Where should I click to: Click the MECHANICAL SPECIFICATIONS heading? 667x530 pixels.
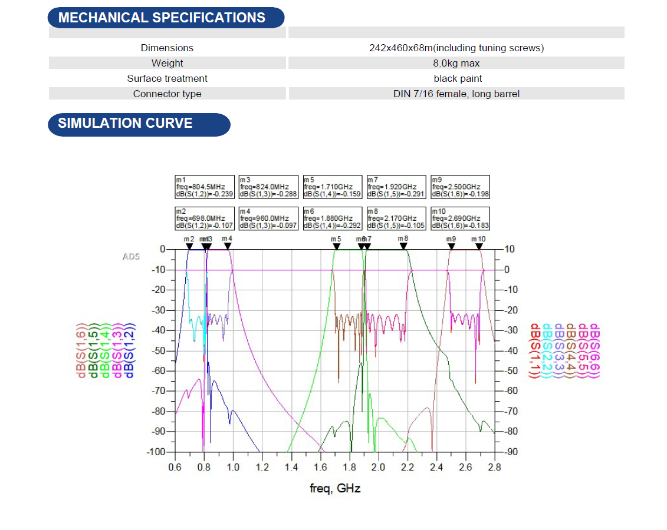point(162,18)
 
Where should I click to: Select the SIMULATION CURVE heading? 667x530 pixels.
point(125,123)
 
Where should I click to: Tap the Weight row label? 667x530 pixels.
point(167,63)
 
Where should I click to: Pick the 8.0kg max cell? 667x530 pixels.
point(456,63)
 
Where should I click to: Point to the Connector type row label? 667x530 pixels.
point(167,94)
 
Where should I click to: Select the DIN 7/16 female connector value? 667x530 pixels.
point(456,94)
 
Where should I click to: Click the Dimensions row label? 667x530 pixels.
point(167,48)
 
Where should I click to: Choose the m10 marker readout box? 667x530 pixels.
point(460,218)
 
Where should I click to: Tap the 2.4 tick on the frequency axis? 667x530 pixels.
point(436,468)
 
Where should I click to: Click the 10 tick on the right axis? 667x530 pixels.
point(510,250)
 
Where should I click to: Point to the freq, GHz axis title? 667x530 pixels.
point(335,488)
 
